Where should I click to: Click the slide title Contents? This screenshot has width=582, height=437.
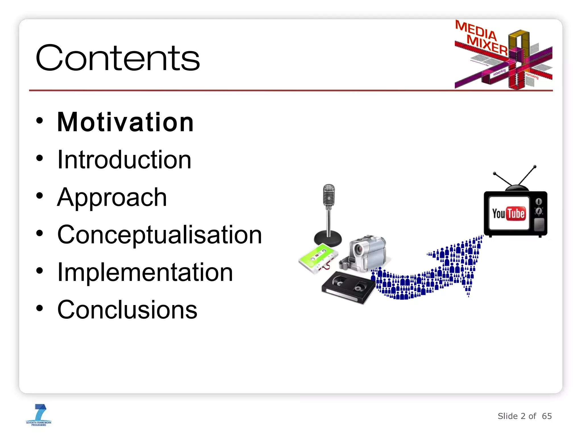[118, 58]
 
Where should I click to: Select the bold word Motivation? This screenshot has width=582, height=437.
[125, 122]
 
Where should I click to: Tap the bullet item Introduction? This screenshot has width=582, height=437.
[124, 160]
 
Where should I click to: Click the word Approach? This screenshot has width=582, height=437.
[112, 197]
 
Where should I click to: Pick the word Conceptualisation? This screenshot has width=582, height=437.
[159, 235]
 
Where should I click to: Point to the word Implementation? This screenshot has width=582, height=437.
[145, 273]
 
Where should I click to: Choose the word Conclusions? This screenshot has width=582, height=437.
[127, 310]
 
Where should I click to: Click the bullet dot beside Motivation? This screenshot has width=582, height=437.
[40, 121]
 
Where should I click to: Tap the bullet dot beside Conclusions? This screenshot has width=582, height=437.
[40, 308]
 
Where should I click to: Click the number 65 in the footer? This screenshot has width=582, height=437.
[547, 416]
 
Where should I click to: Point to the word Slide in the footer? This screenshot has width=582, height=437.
[508, 416]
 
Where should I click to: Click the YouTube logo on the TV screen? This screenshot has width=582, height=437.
[508, 213]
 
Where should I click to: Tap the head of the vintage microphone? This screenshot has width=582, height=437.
[329, 195]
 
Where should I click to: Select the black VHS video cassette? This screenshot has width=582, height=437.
[348, 287]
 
